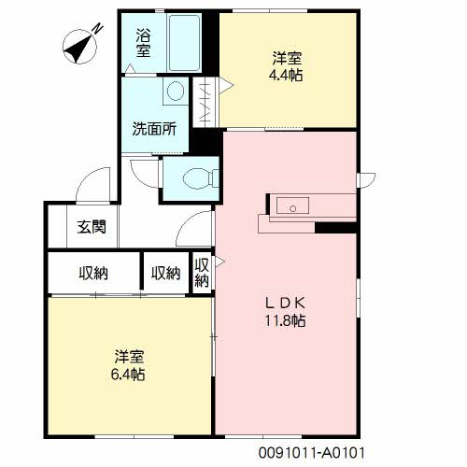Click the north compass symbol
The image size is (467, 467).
point(79,47)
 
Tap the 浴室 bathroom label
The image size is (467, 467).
point(143,43)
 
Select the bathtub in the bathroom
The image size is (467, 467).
point(184,42)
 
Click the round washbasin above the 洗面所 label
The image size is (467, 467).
point(176,91)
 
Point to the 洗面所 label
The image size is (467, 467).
point(154,129)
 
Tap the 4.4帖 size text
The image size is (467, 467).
point(286,76)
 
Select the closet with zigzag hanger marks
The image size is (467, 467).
point(205,102)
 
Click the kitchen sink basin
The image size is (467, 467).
point(292,205)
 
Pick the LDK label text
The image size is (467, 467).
point(285,303)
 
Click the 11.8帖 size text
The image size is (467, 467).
point(285,320)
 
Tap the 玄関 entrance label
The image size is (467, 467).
point(92,227)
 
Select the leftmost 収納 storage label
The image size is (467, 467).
point(93,274)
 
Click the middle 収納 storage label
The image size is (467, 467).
point(166,274)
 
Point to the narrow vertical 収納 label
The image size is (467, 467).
point(202,273)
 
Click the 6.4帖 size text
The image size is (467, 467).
point(128,375)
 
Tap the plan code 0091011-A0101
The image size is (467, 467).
point(311,453)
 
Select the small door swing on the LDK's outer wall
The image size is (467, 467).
point(367,180)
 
